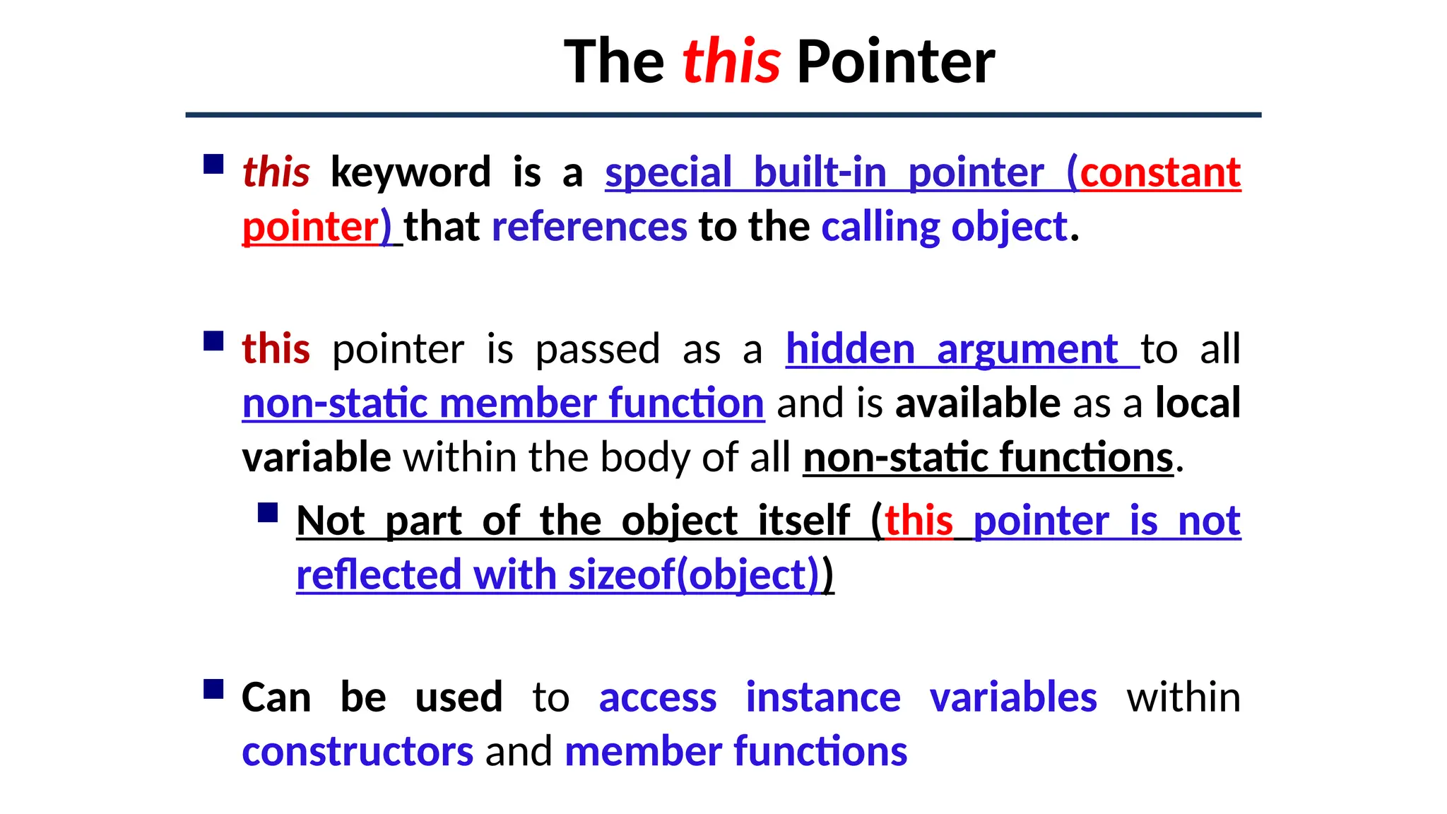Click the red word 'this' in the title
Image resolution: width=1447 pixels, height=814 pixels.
coord(731,61)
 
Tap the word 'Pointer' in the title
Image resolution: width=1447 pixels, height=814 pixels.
coord(895,61)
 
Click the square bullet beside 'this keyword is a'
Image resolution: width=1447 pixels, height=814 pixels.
coord(213,165)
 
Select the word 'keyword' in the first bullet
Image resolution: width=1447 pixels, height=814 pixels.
coord(411,172)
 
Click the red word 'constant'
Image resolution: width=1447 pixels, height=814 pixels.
coord(1160,172)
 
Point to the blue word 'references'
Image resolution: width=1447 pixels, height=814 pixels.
coord(589,227)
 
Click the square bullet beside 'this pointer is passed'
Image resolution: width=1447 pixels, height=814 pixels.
coord(213,341)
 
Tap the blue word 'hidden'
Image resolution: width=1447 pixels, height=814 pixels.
coord(850,349)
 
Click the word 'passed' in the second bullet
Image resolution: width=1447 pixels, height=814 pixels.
coord(597,349)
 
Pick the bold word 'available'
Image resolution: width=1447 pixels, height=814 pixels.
coord(978,403)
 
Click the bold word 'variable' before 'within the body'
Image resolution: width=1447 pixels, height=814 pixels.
coord(316,457)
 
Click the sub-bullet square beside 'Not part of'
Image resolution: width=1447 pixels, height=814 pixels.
coord(268,512)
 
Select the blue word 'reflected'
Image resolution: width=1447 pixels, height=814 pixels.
coord(378,574)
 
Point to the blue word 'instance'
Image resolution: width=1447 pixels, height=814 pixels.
coord(823,697)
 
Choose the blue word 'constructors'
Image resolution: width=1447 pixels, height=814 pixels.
coord(358,751)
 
